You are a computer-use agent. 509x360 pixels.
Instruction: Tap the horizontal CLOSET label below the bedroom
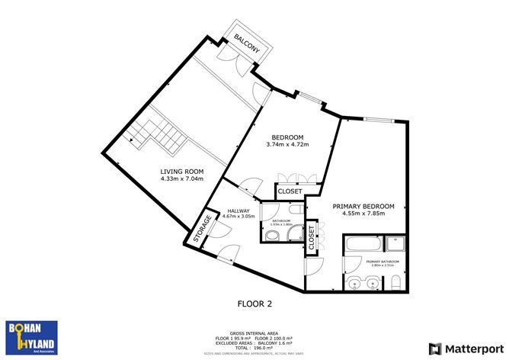point(290,191)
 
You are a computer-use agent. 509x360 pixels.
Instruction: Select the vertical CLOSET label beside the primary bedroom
point(311,239)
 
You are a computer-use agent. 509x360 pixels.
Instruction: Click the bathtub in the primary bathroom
point(360,246)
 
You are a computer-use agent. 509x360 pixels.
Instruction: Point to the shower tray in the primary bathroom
point(395,244)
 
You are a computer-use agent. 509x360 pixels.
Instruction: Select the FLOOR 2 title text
point(254,304)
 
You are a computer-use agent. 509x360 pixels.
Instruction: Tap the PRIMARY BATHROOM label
point(383,263)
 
